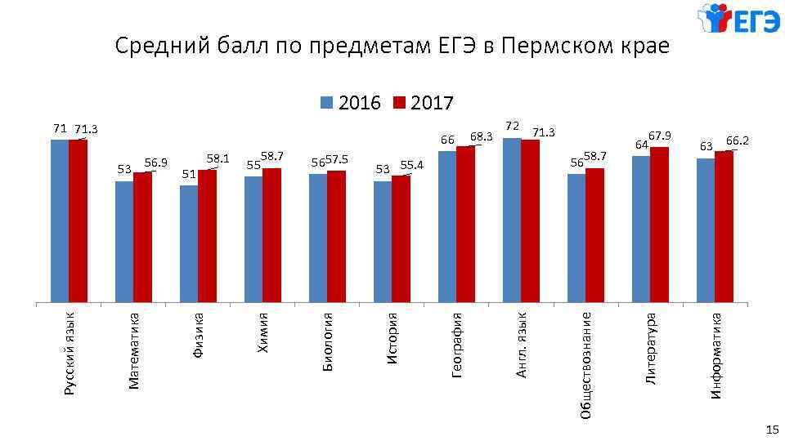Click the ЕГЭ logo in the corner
[738, 20]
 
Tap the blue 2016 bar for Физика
[189, 243]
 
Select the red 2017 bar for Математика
[142, 237]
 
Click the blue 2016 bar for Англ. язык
[512, 220]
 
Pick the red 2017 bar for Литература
[659, 225]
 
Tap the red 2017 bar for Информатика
[724, 226]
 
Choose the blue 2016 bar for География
[447, 226]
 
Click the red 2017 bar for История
[401, 238]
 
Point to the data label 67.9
[659, 136]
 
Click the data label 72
[512, 127]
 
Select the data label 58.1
[218, 158]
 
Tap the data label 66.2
[738, 140]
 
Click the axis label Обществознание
[585, 364]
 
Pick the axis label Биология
[327, 341]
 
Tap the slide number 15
[771, 430]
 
